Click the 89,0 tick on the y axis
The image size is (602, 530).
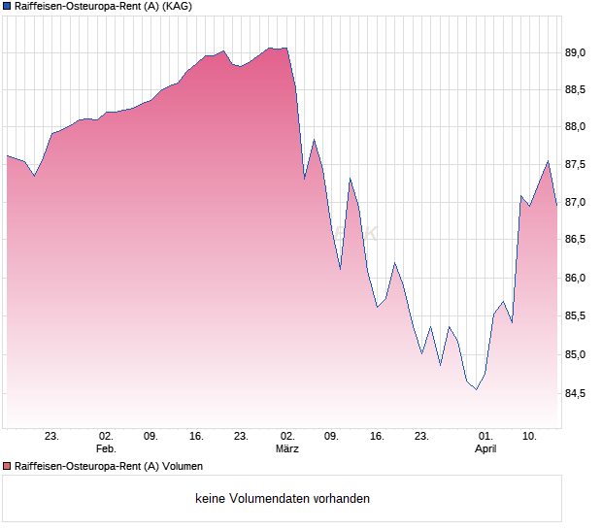pyautogui.click(x=580, y=52)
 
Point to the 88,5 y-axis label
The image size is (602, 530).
pyautogui.click(x=580, y=90)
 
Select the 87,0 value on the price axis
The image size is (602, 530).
pyautogui.click(x=580, y=203)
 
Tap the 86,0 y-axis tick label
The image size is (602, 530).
pyautogui.click(x=580, y=279)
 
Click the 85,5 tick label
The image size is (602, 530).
pyautogui.click(x=580, y=316)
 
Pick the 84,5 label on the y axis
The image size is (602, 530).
pyautogui.click(x=580, y=393)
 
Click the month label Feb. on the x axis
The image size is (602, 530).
pyautogui.click(x=106, y=449)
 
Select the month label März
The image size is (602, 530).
pyautogui.click(x=286, y=449)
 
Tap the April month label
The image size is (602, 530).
pyautogui.click(x=486, y=449)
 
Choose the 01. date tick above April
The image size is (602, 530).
pyautogui.click(x=486, y=437)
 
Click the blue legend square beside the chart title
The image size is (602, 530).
pyautogui.click(x=7, y=7)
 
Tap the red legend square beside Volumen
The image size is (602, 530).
pyautogui.click(x=7, y=467)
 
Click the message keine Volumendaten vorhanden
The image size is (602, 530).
pyautogui.click(x=283, y=499)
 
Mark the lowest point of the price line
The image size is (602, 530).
pyautogui.click(x=476, y=389)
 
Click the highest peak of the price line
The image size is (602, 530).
pyautogui.click(x=285, y=48)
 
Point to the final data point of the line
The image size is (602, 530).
pyautogui.click(x=557, y=206)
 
